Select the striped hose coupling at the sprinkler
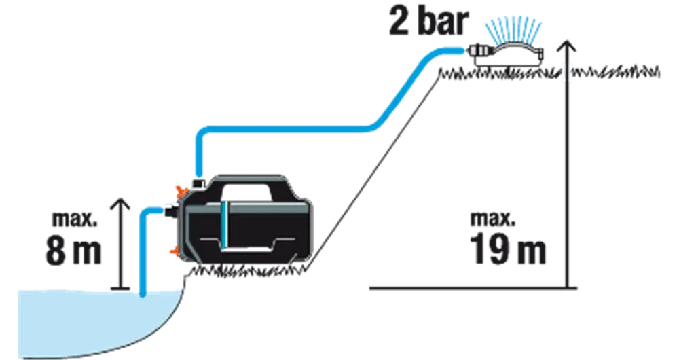coord(478,50)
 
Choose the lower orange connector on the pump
coord(176,251)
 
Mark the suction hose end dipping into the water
coord(143,292)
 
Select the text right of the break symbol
coord(618,70)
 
